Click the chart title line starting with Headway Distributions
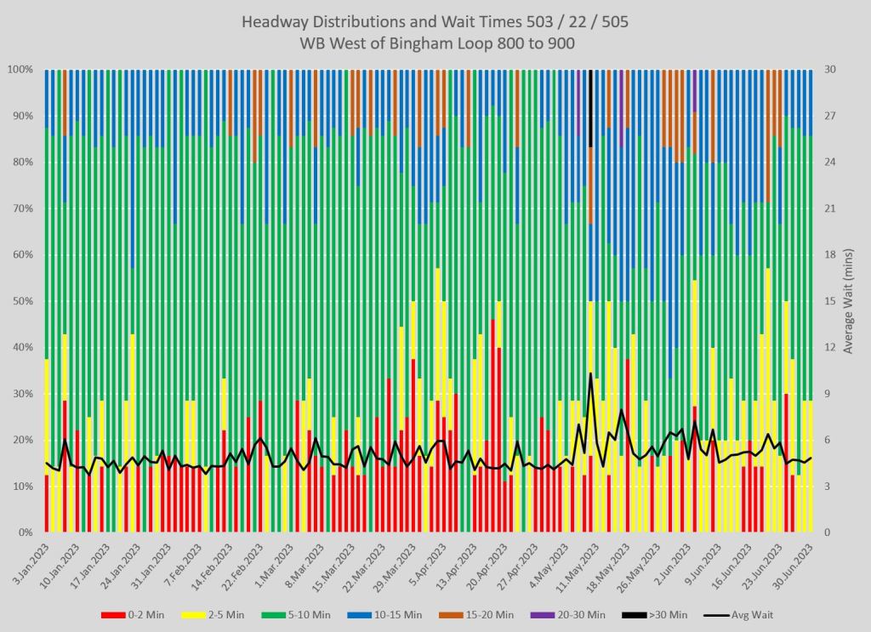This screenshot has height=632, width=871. pyautogui.click(x=435, y=22)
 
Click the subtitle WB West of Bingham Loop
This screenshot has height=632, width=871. pyautogui.click(x=435, y=43)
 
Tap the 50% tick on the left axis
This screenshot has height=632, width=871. pyautogui.click(x=22, y=301)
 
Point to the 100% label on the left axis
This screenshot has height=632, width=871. pyautogui.click(x=20, y=69)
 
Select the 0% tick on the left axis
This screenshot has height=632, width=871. pyautogui.click(x=25, y=532)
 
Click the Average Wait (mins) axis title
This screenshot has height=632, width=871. pyautogui.click(x=848, y=300)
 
